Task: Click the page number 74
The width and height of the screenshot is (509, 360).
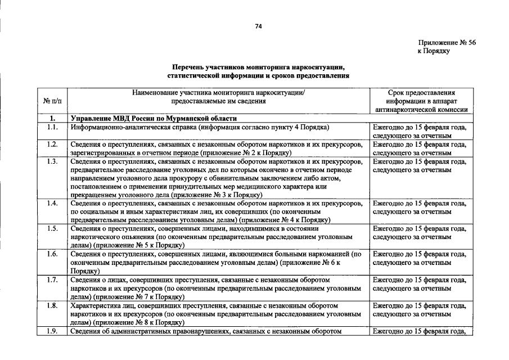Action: point(259,26)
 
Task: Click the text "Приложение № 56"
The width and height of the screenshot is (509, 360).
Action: point(447,43)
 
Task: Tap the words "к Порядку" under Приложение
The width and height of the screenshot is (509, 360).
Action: point(433,51)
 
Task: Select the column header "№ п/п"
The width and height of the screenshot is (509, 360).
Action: point(52,101)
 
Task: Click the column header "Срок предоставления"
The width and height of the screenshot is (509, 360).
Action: point(422,93)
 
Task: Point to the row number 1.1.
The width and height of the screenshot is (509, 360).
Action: point(52,128)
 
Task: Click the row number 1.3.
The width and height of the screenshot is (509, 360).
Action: point(52,162)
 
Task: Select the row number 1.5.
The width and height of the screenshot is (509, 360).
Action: point(52,229)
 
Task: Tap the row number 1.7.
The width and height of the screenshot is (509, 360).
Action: point(52,280)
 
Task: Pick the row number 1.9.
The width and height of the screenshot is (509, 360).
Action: point(52,331)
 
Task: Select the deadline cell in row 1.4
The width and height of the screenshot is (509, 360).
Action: point(420,208)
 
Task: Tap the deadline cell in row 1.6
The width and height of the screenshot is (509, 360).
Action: point(420,258)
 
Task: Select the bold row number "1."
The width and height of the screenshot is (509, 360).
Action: point(52,119)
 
